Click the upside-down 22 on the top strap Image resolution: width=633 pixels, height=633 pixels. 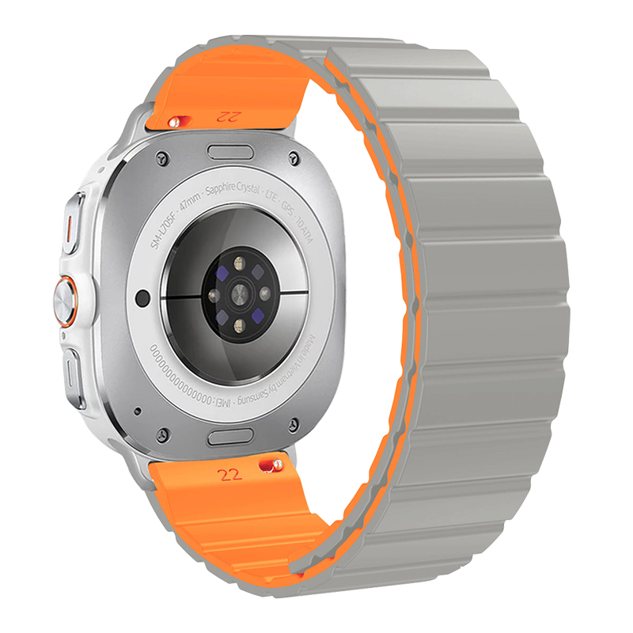(x=228, y=116)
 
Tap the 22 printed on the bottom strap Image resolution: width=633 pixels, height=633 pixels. (x=230, y=475)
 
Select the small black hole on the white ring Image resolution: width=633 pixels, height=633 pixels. (x=142, y=298)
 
